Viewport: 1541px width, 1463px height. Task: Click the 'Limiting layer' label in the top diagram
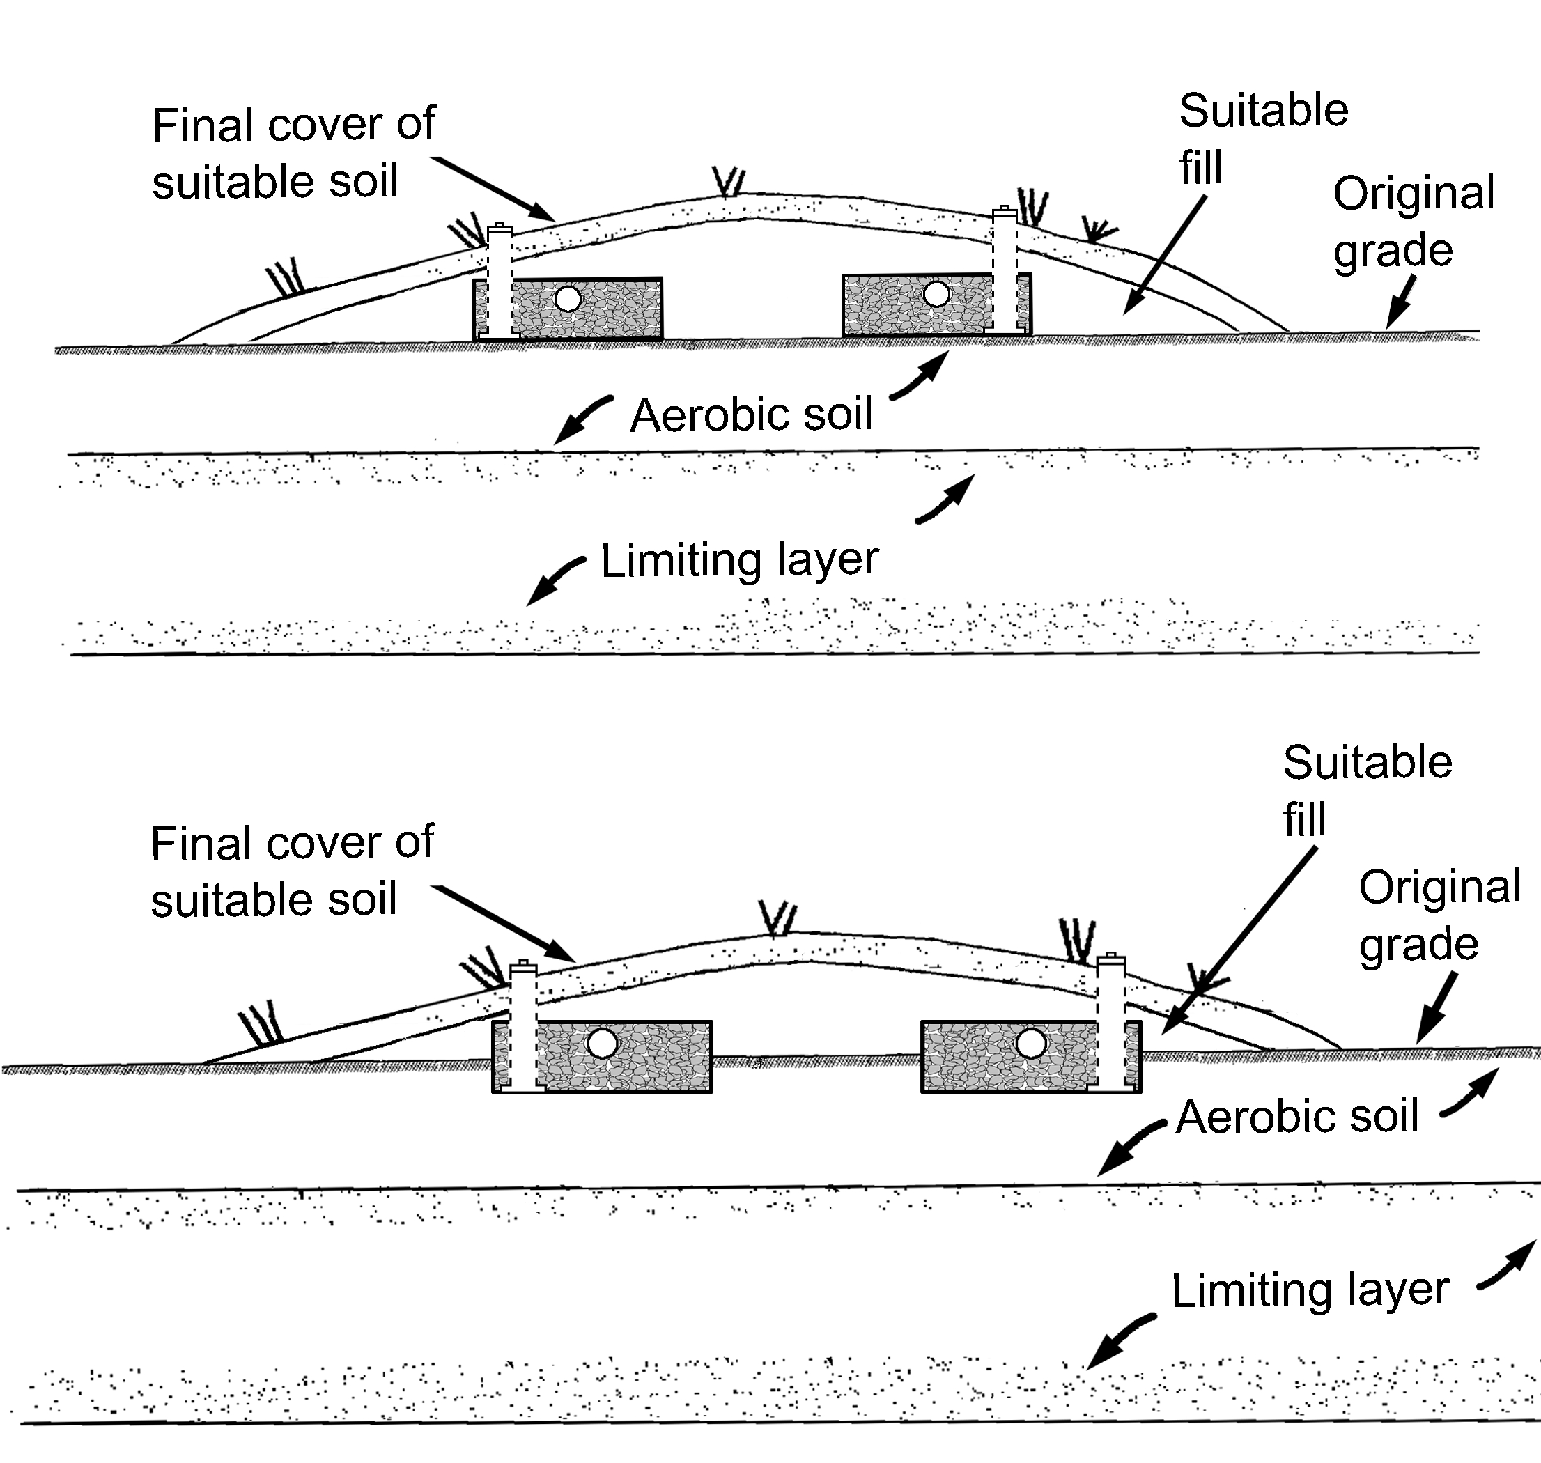739,560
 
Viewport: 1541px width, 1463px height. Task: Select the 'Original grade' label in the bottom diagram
1439,915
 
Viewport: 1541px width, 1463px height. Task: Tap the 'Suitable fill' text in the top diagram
1262,139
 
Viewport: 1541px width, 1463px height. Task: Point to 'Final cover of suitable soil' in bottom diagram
292,871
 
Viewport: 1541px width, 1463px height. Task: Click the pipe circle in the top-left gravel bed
568,298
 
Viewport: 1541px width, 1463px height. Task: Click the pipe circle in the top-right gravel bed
936,294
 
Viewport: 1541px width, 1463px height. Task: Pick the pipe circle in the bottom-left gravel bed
602,1044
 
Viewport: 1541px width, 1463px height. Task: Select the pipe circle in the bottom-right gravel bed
1031,1043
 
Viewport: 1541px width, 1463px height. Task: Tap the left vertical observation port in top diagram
499,281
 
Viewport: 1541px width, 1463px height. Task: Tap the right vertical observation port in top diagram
1005,269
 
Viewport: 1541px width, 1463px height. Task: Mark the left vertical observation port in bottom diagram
523,1025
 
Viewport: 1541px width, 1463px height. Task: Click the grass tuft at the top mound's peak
730,183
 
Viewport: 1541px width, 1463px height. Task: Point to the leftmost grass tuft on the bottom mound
261,1025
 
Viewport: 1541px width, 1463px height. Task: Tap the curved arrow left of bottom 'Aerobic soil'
1129,1147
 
